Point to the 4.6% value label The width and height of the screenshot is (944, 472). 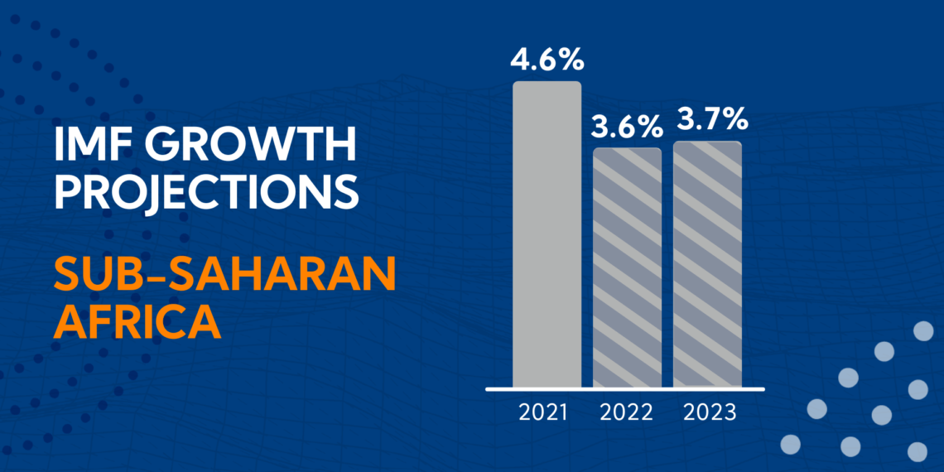(547, 60)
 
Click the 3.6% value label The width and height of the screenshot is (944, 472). (627, 127)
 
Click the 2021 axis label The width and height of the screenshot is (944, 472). (543, 412)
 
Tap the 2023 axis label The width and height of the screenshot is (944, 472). (710, 412)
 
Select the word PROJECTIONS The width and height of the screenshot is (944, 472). (206, 191)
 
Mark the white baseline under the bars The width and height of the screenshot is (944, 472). (625, 388)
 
